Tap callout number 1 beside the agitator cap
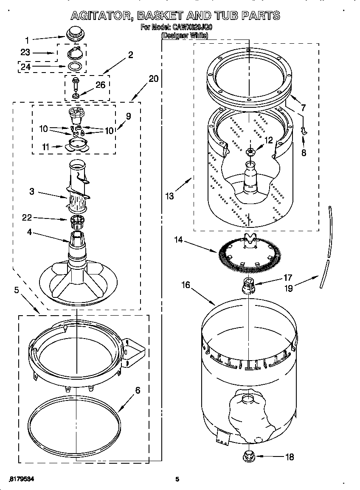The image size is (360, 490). pos(27,41)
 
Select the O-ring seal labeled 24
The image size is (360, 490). pos(76,66)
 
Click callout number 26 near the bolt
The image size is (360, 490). pos(100,85)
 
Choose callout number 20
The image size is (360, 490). pos(153,79)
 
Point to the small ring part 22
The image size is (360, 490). pos(77,220)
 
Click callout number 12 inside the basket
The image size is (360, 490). pos(268,140)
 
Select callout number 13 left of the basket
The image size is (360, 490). pos(170,196)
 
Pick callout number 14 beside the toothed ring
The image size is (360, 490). pos(178,240)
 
